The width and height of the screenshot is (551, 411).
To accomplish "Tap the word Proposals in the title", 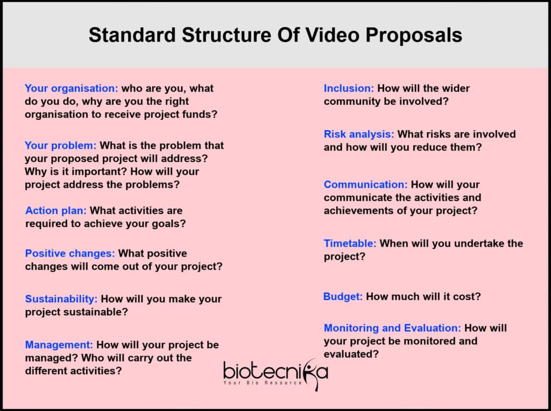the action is (414, 36).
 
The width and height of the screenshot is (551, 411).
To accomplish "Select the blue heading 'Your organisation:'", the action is (72, 88).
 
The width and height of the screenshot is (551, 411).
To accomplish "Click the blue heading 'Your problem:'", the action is (60, 145).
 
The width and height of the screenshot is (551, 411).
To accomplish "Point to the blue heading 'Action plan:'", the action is (56, 210).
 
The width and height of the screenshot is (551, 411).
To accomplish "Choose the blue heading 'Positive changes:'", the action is (70, 253).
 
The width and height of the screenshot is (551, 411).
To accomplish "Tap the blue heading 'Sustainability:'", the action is (61, 299).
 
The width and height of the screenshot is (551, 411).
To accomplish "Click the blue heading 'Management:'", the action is (59, 345).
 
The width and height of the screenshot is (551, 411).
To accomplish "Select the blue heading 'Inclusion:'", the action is (349, 88).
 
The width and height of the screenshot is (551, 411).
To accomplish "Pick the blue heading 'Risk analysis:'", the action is (359, 134).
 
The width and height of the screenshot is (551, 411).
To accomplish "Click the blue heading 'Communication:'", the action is (365, 185).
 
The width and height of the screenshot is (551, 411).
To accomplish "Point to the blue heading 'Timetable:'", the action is (350, 244).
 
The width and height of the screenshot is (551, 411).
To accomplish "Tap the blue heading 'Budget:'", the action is (343, 296).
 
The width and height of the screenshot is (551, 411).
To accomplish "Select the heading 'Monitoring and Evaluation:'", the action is (392, 328).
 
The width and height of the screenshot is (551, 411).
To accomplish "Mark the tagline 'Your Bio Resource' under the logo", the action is (263, 382).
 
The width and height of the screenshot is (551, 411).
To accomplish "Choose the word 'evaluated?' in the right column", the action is (351, 354).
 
